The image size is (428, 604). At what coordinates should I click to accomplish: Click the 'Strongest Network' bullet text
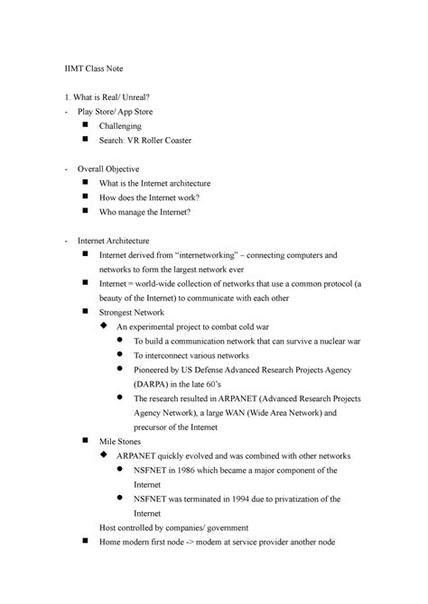pyautogui.click(x=132, y=312)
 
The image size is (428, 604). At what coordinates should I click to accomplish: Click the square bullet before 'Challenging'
pyautogui.click(x=84, y=126)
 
